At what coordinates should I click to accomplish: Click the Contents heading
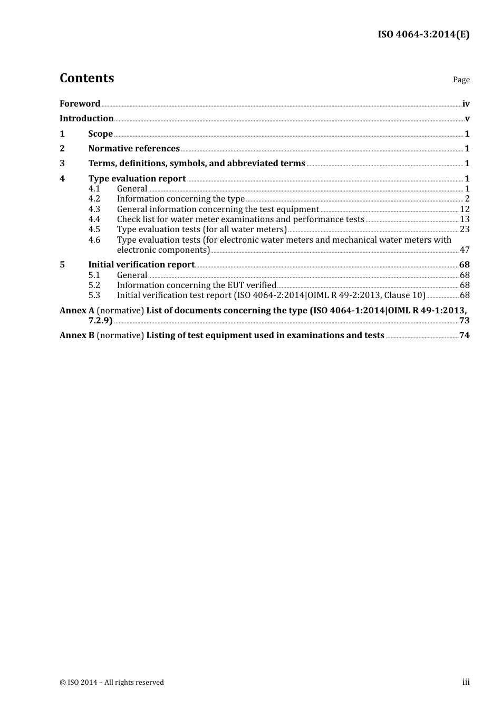86,78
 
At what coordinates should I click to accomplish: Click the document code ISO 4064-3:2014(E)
423,34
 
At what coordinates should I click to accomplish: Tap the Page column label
461,80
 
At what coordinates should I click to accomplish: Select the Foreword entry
80,103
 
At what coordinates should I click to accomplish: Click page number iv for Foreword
466,104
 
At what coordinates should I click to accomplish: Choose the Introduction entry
86,118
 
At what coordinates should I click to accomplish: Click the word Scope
100,133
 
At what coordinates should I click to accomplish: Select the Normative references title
134,148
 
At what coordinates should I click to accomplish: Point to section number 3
62,163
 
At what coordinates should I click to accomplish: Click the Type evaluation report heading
137,178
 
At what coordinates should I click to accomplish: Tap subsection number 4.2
94,199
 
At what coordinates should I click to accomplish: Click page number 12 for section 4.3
465,209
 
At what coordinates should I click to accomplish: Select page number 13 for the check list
465,219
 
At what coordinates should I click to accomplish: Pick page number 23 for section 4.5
465,229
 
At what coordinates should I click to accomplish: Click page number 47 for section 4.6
465,250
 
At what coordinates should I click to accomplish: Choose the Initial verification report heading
141,264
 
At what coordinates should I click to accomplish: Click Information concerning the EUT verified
196,285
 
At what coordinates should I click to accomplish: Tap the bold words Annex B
77,335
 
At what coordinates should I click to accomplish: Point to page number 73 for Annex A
464,320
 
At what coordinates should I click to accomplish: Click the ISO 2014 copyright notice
112,682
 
